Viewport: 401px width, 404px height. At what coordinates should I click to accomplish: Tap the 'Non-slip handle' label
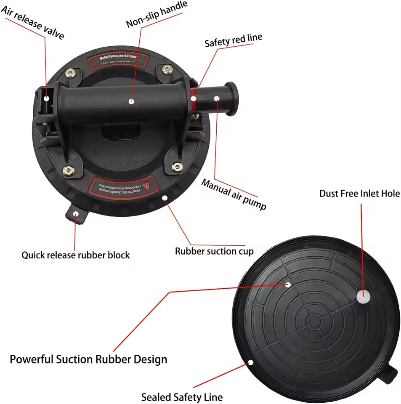point(157,14)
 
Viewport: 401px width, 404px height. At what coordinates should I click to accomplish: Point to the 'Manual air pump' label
point(234,194)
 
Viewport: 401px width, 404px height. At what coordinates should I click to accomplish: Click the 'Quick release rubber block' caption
point(76,255)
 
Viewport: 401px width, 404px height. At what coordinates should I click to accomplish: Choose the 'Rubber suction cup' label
point(214,251)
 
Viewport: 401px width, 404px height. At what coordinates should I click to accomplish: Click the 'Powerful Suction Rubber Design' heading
point(88,359)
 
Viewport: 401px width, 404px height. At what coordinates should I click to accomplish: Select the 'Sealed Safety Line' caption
point(182,397)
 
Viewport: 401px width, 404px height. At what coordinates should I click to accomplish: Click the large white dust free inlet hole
point(364,296)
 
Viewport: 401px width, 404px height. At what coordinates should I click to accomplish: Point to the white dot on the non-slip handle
point(131,101)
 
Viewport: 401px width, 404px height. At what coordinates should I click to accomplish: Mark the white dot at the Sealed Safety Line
point(251,362)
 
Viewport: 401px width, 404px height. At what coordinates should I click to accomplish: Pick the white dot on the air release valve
point(47,98)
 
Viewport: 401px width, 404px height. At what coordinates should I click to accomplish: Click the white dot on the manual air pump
point(217,98)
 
